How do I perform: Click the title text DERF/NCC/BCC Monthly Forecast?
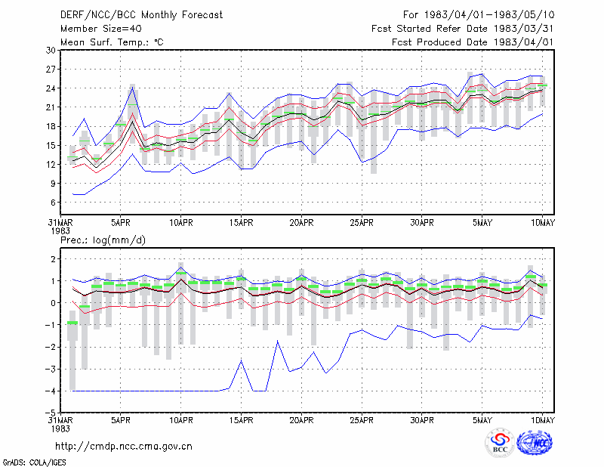(141, 15)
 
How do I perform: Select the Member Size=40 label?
(101, 29)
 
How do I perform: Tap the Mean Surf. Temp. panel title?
(112, 42)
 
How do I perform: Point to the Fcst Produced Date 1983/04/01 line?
(473, 42)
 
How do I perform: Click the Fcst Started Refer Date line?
(463, 29)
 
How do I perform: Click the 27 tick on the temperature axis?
(51, 70)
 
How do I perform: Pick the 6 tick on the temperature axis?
(53, 203)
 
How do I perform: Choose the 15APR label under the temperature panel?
(241, 223)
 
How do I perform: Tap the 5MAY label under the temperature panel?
(482, 223)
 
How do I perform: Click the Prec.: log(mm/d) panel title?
(103, 240)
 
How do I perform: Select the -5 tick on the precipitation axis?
(51, 413)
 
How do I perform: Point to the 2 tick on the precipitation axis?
(53, 259)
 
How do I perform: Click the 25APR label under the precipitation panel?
(362, 420)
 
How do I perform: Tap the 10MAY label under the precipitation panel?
(542, 420)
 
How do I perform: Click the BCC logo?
(500, 443)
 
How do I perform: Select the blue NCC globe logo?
(535, 443)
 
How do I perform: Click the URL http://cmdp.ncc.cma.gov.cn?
(124, 447)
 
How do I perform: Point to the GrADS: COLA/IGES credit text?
(34, 462)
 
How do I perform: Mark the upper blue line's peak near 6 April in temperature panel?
(133, 88)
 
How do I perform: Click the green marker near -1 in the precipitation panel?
(72, 323)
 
